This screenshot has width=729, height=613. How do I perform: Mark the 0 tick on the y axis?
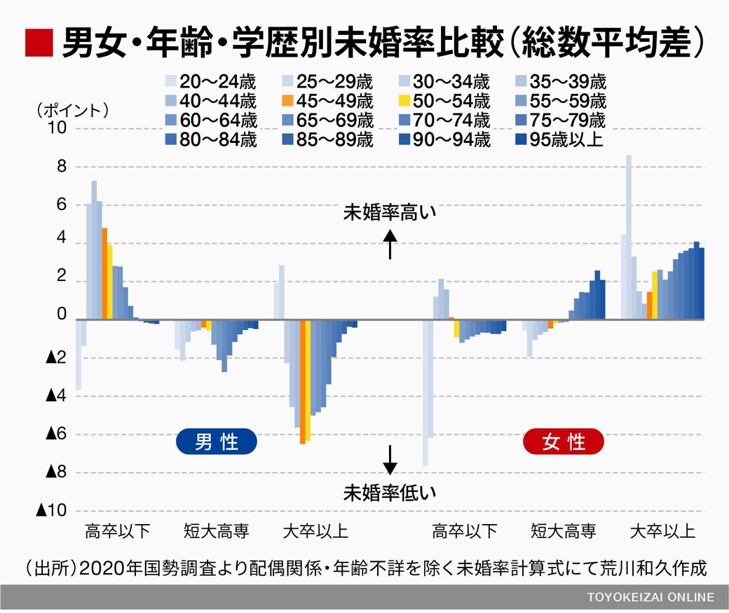pyautogui.click(x=62, y=320)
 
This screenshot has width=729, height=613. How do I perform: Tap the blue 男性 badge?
pyautogui.click(x=216, y=442)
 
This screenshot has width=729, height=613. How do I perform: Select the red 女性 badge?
pyautogui.click(x=564, y=442)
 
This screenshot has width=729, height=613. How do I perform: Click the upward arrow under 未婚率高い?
pyautogui.click(x=390, y=246)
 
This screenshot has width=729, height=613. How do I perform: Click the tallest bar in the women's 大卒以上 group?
pyautogui.click(x=629, y=237)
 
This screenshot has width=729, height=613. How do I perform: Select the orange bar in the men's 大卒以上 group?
pyautogui.click(x=302, y=382)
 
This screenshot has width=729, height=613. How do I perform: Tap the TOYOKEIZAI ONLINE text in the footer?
pyautogui.click(x=651, y=598)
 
